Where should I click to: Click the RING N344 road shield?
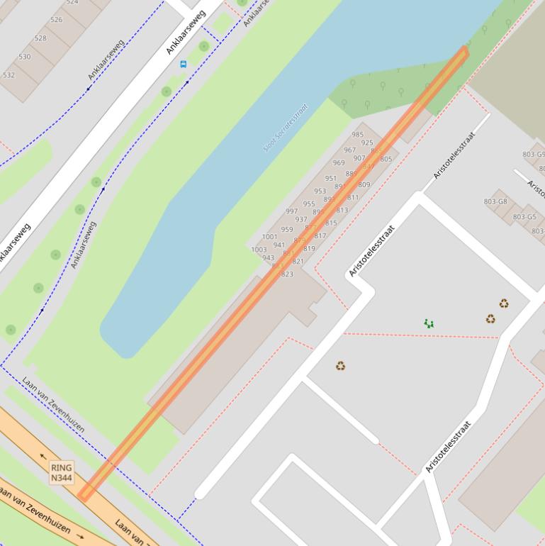62,473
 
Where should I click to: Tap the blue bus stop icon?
184,64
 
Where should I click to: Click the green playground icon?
429,323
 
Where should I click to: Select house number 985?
358,134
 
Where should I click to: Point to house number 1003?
259,250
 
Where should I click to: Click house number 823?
287,274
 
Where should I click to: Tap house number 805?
386,159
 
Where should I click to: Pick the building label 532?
9,74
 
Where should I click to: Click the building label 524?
72,2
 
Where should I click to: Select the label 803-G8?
495,201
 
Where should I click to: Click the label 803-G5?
524,217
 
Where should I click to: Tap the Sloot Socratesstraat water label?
286,128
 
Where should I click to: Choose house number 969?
339,163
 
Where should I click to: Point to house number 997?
292,211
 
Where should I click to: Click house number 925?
367,143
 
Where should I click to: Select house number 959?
287,229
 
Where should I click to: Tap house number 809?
364,184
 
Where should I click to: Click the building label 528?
40,38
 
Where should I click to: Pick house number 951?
331,179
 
